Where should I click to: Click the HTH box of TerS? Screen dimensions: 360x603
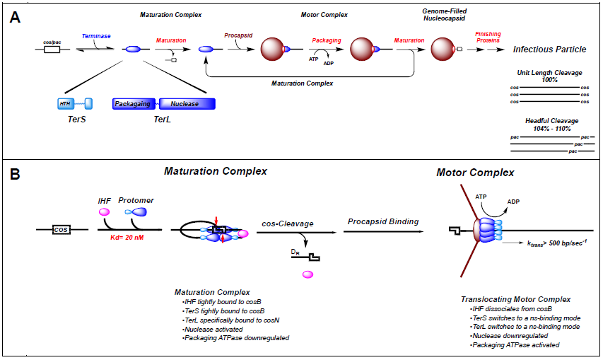(66, 104)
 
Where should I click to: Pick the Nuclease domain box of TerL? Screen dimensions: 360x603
(185, 104)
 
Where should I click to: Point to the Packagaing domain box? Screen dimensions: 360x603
(134, 104)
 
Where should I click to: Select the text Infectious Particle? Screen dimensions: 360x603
(549, 50)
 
